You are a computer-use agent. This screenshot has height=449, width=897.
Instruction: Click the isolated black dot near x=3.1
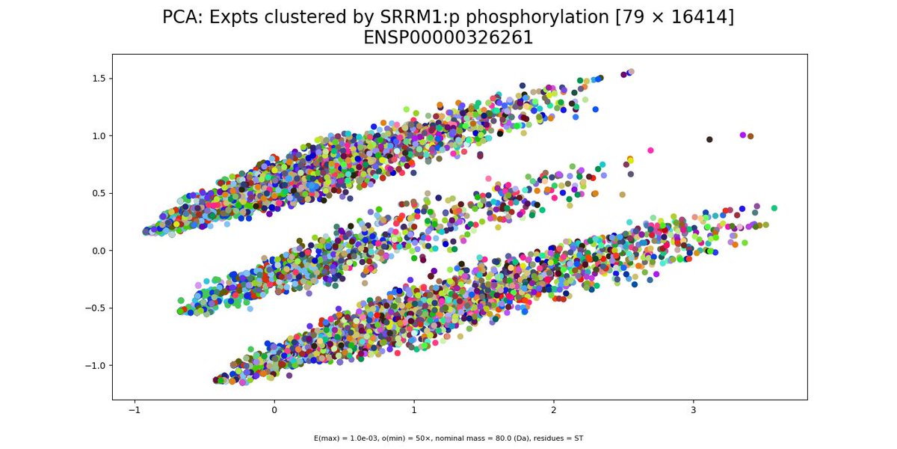709,139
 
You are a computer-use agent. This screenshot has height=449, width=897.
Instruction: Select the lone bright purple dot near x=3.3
743,135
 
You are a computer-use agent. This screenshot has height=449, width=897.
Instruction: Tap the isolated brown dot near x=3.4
750,136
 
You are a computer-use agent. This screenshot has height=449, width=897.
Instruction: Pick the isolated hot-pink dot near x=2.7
650,150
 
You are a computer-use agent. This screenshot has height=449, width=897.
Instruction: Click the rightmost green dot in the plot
774,208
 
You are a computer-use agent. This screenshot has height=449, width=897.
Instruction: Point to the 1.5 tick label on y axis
99,79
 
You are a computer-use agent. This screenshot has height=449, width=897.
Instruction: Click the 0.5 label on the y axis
99,193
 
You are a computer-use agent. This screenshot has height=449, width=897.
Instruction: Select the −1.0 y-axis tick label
96,366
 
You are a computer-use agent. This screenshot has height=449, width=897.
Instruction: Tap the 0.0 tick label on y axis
99,251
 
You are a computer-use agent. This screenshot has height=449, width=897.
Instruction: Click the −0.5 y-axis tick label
96,308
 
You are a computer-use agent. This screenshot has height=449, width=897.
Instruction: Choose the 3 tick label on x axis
693,410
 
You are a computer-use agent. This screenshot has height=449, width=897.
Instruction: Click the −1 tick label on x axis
135,410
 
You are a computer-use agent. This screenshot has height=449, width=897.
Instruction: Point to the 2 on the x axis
553,410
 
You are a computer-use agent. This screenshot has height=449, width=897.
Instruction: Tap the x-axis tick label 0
274,410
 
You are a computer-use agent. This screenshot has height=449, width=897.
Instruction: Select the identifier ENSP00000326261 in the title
448,38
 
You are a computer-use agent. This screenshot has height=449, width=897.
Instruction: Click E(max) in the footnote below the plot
325,439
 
